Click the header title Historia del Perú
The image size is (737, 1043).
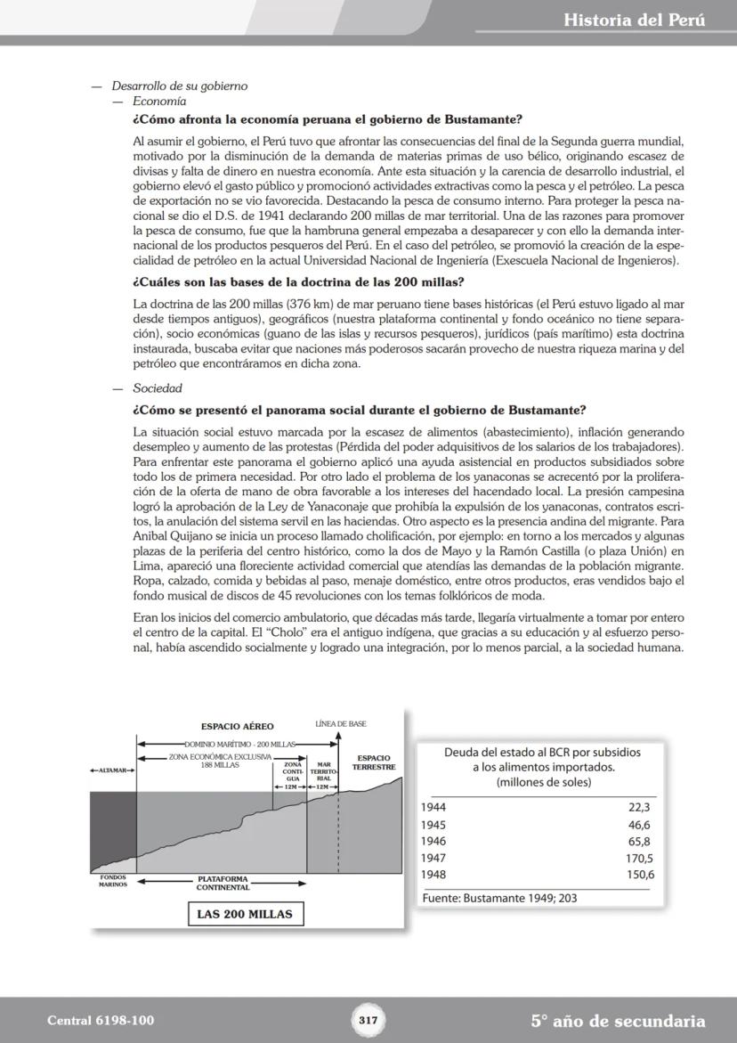(634, 20)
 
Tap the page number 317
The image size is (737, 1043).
(368, 1021)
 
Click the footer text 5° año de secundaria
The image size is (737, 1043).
(618, 1021)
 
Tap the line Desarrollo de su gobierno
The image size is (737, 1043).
(179, 86)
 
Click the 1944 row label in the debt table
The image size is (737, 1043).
(433, 807)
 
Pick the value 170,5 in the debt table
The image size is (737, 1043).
(638, 859)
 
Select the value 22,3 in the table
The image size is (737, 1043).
(641, 807)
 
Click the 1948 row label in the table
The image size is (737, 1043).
(433, 875)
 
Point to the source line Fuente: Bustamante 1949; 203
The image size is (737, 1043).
(499, 899)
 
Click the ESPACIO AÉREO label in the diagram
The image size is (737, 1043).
(237, 726)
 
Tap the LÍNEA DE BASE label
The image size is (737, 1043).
(341, 724)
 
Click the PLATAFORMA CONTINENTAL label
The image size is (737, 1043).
(223, 883)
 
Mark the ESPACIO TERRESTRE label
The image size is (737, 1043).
(373, 762)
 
